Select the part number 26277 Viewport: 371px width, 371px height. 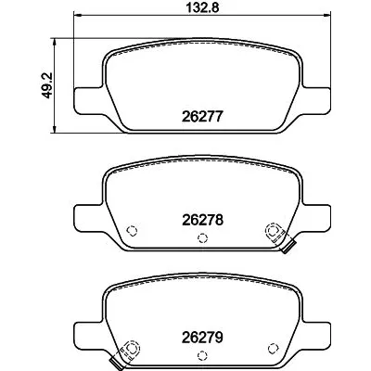pyautogui.click(x=202, y=118)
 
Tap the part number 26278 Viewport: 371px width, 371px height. pyautogui.click(x=202, y=222)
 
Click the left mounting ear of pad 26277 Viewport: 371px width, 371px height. pyautogui.click(x=88, y=97)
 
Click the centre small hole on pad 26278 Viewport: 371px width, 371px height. pyautogui.click(x=202, y=238)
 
